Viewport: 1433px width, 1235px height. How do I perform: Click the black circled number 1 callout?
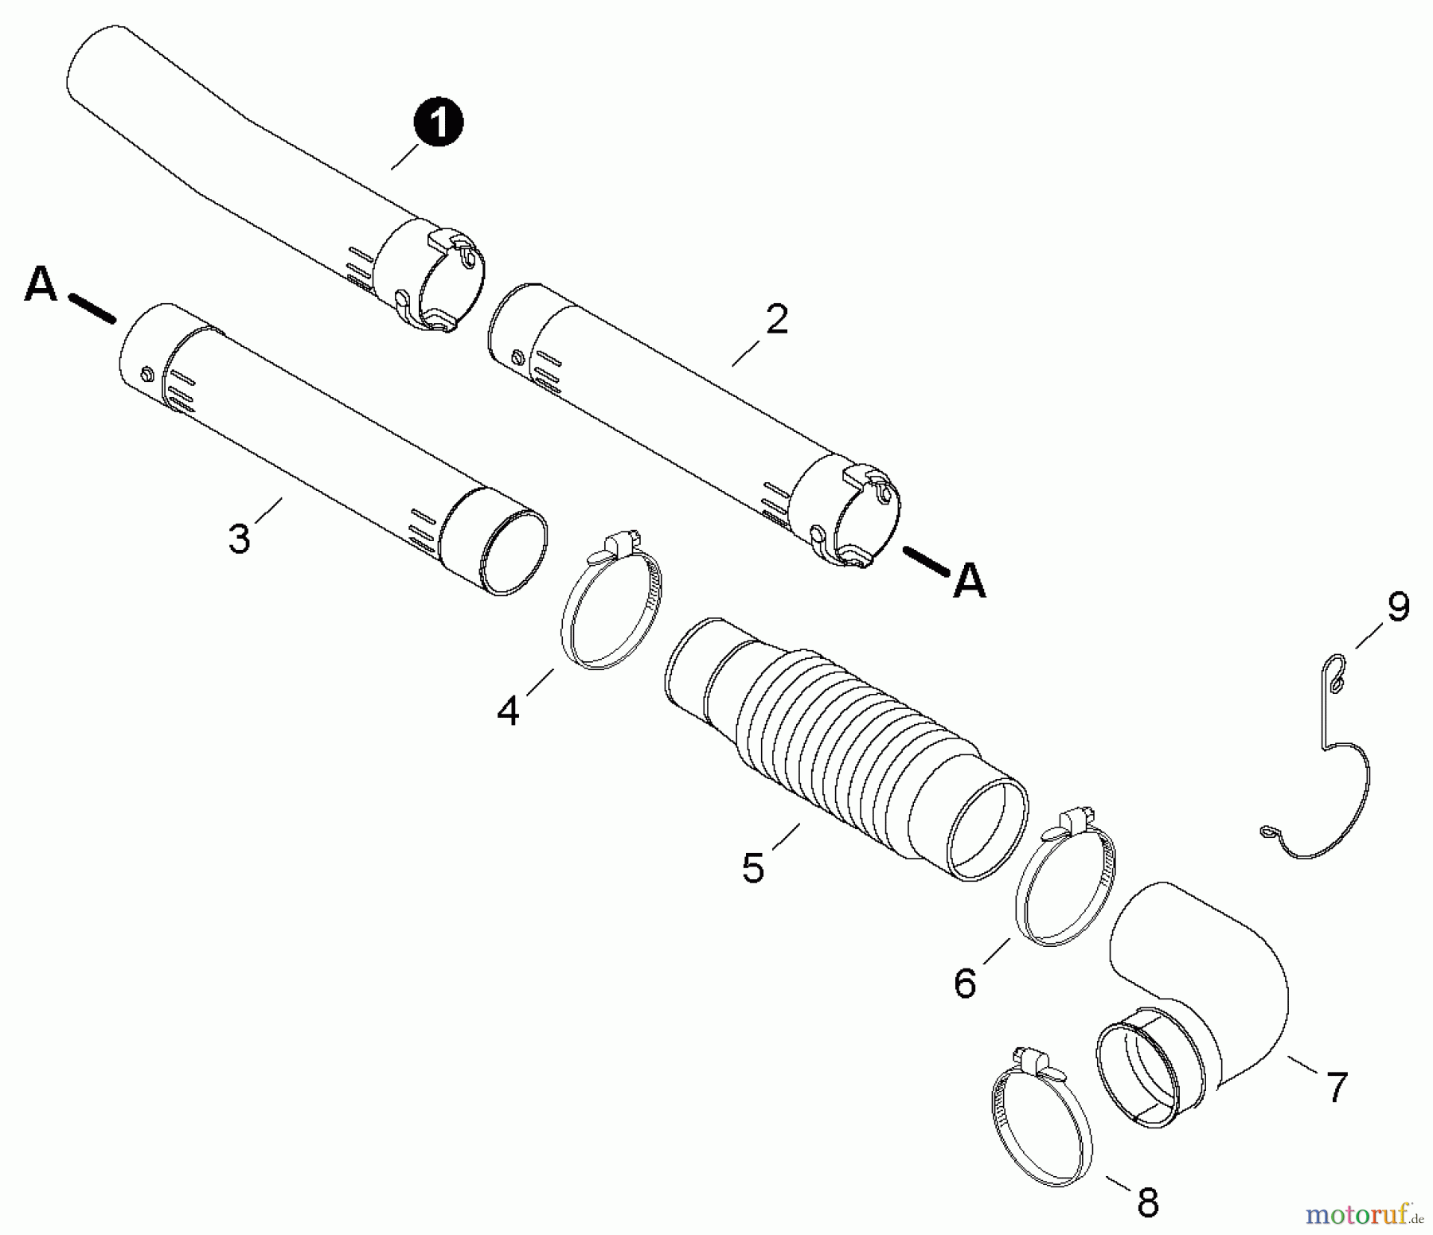[x=437, y=124]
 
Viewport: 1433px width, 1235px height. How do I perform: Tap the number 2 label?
[x=775, y=319]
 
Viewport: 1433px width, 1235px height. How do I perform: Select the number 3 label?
[x=239, y=539]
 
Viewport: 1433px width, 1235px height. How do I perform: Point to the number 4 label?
[x=508, y=710]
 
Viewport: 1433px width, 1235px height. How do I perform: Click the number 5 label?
[x=753, y=867]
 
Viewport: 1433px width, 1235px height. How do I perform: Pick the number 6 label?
[x=964, y=984]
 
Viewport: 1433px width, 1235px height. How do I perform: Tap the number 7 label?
[x=1337, y=1087]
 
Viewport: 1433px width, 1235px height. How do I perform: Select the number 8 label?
[x=1147, y=1203]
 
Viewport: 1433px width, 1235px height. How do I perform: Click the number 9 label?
[x=1398, y=607]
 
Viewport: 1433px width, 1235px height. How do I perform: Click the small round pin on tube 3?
[x=146, y=373]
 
